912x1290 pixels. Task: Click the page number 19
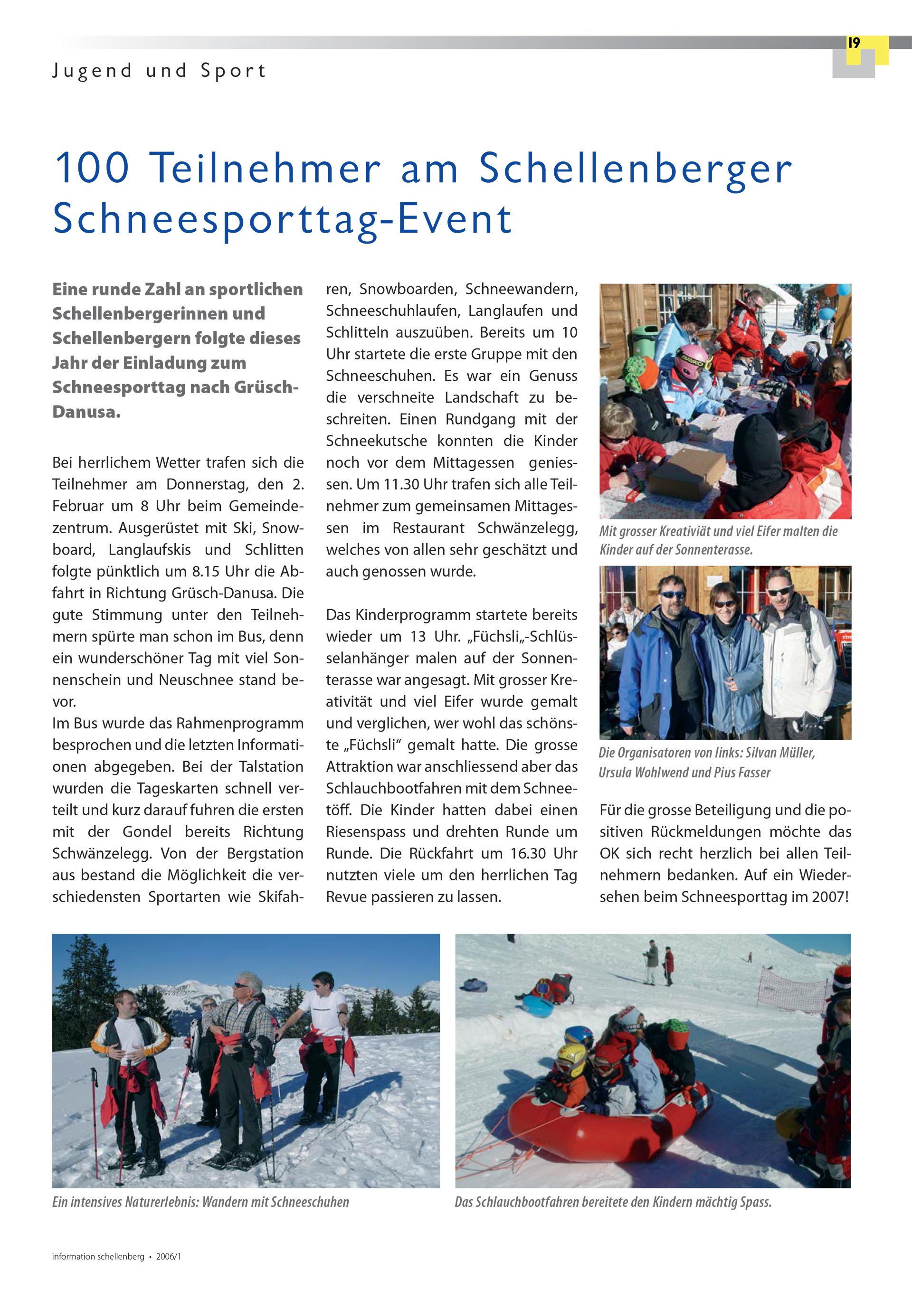point(854,43)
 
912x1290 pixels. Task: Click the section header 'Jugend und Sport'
point(159,71)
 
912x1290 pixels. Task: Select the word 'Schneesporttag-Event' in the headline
point(282,218)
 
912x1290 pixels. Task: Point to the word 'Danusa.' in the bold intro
point(86,412)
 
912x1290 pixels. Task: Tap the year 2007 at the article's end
point(828,897)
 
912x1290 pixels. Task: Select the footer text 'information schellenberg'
point(98,1257)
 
